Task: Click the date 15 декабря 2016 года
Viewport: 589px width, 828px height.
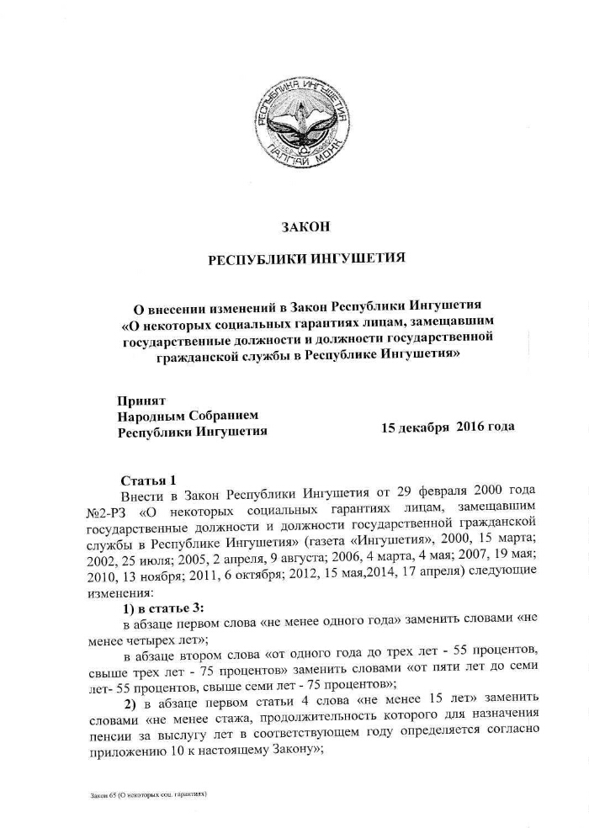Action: [x=448, y=427]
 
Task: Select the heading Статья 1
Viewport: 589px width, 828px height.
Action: [x=148, y=480]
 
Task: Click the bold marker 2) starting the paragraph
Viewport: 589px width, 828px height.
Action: [x=130, y=702]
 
